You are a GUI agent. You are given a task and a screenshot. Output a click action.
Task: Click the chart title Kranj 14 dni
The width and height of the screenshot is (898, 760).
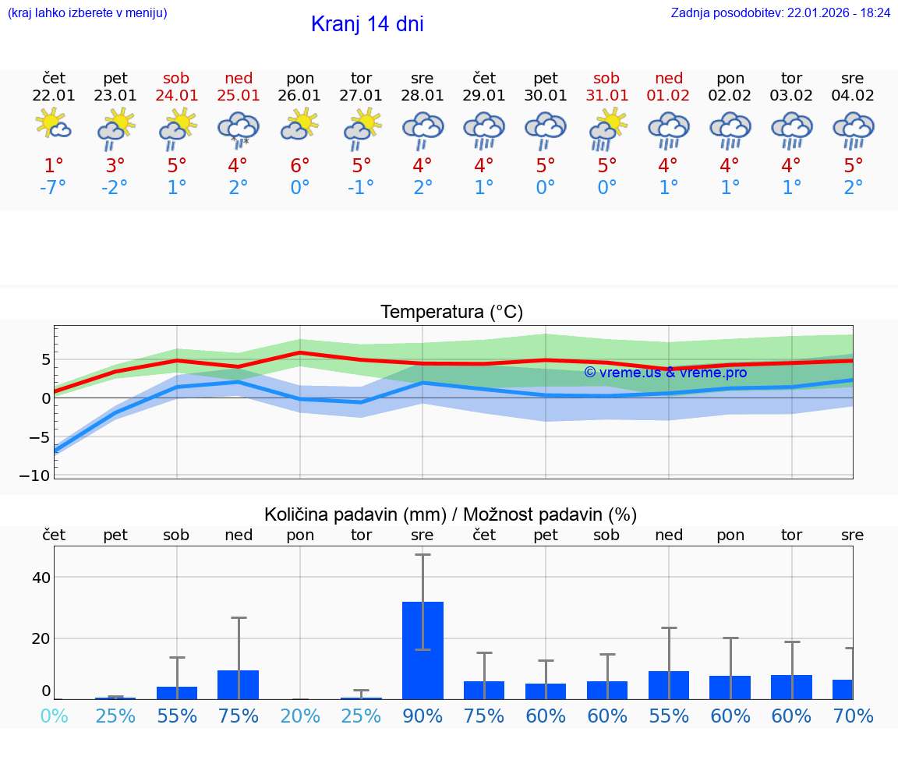click(x=367, y=24)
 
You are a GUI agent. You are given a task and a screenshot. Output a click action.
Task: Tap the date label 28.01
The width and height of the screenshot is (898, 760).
click(x=422, y=96)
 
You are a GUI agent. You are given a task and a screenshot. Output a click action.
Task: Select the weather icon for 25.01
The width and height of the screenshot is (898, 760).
click(x=239, y=129)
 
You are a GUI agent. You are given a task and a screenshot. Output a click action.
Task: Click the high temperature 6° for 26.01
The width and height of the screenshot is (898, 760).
click(x=300, y=166)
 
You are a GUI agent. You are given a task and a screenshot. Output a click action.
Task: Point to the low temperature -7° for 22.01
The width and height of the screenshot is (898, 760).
click(x=54, y=188)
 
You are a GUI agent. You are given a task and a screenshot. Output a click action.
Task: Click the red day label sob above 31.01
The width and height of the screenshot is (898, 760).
click(x=606, y=79)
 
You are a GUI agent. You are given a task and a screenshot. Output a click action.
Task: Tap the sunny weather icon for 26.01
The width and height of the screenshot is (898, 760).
click(x=300, y=125)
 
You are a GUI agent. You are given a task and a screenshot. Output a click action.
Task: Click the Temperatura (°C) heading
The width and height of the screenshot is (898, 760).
click(x=451, y=313)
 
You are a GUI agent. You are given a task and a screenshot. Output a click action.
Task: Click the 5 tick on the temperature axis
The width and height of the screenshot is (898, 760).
click(x=45, y=359)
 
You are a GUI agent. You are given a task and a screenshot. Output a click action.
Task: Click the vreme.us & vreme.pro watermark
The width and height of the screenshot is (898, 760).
click(x=666, y=373)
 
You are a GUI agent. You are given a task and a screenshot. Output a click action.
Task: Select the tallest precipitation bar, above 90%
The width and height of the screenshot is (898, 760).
click(x=422, y=651)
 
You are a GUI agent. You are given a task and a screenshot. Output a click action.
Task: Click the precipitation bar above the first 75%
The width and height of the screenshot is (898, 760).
click(x=239, y=684)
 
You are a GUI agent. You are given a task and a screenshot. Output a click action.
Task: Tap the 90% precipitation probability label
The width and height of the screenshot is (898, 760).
click(x=422, y=716)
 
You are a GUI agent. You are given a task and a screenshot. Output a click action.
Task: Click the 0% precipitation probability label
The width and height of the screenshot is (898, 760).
click(x=54, y=716)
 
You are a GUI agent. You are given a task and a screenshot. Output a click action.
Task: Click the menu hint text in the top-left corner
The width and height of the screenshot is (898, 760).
click(x=87, y=13)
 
